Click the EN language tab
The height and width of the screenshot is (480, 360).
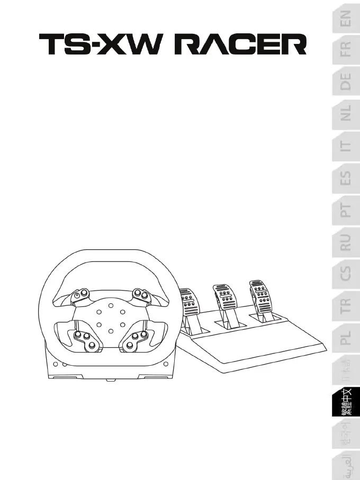(345, 22)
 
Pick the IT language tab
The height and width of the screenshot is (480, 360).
(345, 146)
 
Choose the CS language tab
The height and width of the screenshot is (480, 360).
(345, 274)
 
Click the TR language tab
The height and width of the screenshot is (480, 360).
(345, 305)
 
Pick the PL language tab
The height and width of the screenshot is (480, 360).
(345, 337)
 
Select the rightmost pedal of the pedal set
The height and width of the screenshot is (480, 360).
(259, 294)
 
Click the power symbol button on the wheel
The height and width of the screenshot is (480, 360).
(78, 295)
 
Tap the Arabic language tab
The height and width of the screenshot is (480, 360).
(345, 466)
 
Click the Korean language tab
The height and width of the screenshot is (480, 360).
(345, 436)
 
